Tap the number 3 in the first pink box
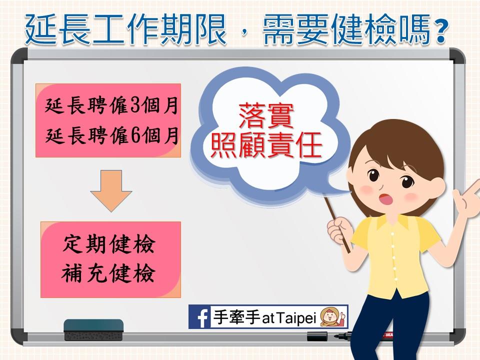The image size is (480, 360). click(135, 105)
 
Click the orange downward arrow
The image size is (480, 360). click(111, 191)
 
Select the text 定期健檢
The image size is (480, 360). click(109, 244)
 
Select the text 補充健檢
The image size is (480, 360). click(108, 273)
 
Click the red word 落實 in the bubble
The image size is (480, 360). click(265, 116)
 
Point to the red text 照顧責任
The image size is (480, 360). click(266, 145)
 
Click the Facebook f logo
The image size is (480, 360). click(199, 317)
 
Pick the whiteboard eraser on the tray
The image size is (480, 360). click(93, 330)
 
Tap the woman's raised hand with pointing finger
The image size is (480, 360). click(467, 196)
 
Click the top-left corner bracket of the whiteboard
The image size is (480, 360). click(18, 55)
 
